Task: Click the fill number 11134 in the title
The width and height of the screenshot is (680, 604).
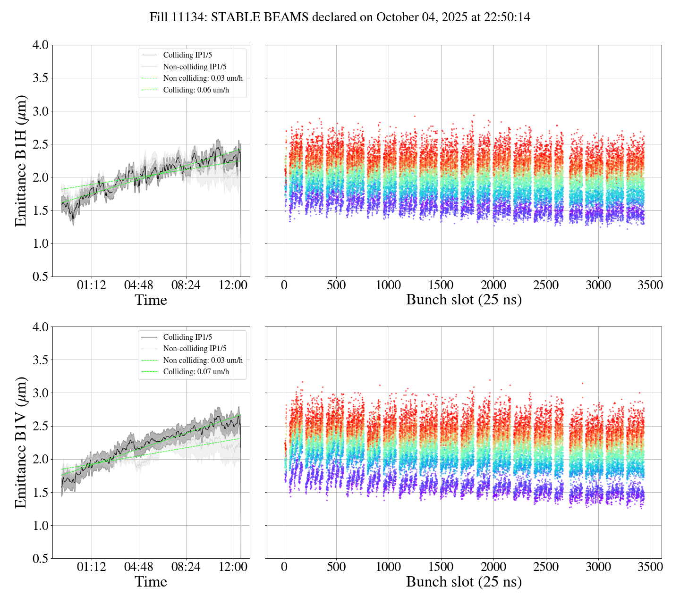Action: click(191, 17)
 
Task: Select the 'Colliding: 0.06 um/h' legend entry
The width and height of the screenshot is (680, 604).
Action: click(196, 90)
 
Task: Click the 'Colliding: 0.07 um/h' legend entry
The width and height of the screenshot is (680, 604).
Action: click(196, 371)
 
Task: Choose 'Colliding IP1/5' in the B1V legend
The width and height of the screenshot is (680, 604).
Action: click(187, 337)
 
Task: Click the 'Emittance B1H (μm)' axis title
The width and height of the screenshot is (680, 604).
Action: click(21, 160)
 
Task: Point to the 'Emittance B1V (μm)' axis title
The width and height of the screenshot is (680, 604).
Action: click(21, 442)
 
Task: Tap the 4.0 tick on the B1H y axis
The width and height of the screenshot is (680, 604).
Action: click(40, 45)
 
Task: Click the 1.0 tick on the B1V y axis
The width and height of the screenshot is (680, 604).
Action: click(40, 526)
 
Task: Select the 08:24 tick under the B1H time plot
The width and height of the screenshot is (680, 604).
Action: click(186, 285)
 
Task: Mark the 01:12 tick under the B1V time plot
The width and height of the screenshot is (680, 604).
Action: click(91, 567)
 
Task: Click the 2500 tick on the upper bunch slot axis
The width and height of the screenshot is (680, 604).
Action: click(545, 285)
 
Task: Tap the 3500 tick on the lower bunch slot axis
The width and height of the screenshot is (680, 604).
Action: click(650, 567)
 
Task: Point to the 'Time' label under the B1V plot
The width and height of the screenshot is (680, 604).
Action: click(151, 582)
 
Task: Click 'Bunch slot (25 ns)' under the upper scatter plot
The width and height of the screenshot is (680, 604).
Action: click(464, 300)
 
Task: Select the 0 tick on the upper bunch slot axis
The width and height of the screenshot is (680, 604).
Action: click(284, 285)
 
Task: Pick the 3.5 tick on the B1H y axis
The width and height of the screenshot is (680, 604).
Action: click(40, 78)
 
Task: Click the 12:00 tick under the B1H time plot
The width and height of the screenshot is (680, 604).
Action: click(234, 285)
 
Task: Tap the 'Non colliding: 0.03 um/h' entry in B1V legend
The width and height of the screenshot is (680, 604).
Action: click(203, 360)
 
